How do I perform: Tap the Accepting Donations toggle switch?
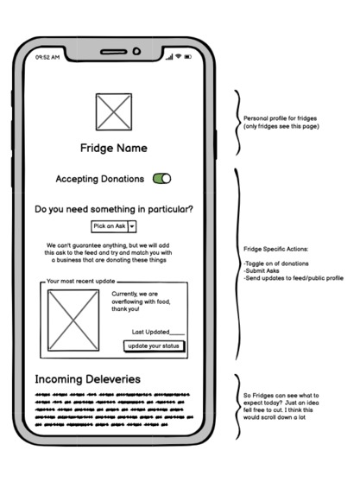click(161, 179)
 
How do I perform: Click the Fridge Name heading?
click(114, 148)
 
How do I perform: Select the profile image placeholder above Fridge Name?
click(114, 111)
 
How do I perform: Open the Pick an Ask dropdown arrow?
click(132, 226)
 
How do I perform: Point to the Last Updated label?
click(157, 332)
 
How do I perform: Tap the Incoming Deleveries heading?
click(87, 379)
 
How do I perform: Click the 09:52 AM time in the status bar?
click(47, 57)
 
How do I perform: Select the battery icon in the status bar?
click(188, 57)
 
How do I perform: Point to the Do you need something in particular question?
click(114, 209)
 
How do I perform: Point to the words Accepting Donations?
click(99, 179)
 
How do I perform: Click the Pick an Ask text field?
click(110, 226)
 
